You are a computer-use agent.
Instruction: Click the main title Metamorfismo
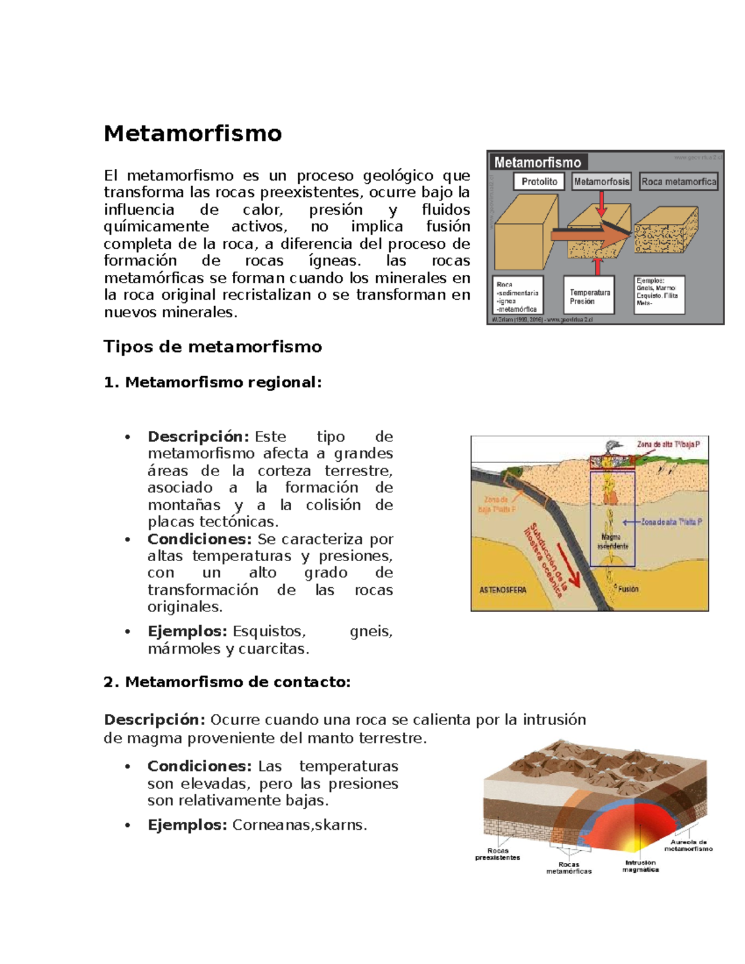pos(192,133)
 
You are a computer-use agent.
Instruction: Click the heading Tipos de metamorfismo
pos(212,346)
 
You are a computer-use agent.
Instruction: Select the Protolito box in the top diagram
pos(539,181)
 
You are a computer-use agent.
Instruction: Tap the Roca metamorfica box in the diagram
pos(678,181)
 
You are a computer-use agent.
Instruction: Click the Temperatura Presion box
pos(589,297)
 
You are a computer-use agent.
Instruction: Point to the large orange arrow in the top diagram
pos(590,235)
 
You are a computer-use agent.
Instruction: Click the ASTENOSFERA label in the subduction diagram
pos(502,590)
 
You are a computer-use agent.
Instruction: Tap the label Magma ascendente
pos(612,541)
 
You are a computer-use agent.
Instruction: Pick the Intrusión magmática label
pos(640,866)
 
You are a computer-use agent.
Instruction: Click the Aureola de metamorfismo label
pos(688,845)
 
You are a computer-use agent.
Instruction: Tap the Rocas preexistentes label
pos(497,854)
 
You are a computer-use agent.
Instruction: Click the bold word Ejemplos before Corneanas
pos(187,825)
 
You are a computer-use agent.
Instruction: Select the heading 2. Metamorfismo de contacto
pos(227,682)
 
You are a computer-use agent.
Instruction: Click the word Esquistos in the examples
pos(269,631)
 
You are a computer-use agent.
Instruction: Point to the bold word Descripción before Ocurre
pos(154,719)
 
